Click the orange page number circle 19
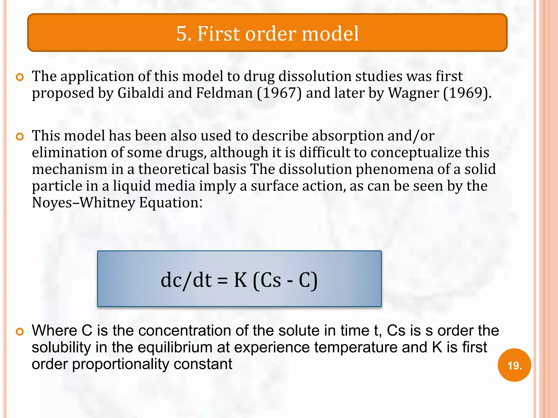[x=514, y=365]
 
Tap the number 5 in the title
[x=182, y=34]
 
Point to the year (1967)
[x=279, y=93]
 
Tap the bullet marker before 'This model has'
[x=20, y=137]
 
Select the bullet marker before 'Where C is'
[x=20, y=332]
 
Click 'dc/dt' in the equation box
[x=186, y=280]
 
